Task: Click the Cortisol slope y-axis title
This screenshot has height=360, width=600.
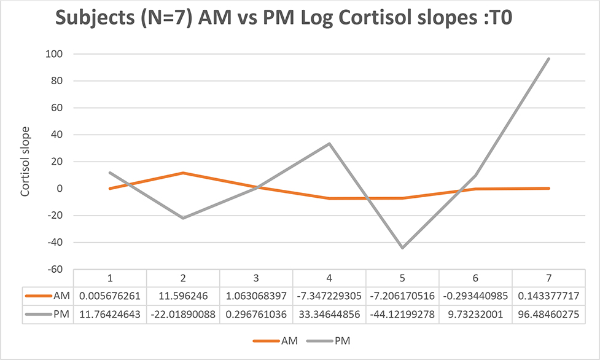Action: coord(25,162)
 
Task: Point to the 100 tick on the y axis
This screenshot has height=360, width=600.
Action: coord(56,54)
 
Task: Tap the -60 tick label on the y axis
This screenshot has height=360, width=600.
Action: coord(56,269)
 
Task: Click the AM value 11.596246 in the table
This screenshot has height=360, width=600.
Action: coord(183,296)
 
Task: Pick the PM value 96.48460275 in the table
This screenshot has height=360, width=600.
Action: coord(548,315)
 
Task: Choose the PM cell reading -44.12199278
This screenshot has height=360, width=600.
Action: coord(402,315)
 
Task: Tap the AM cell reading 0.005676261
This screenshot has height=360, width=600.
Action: coord(110,296)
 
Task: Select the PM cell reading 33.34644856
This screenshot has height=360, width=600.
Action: coord(329,315)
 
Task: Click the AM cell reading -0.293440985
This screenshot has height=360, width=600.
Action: coord(475,296)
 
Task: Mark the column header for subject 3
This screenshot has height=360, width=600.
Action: coord(256,278)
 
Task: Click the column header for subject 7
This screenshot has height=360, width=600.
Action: coord(548,278)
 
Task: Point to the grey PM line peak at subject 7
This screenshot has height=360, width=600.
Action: coord(548,59)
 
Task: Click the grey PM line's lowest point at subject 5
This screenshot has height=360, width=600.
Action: coord(402,248)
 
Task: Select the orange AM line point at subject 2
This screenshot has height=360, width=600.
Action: coord(183,173)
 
